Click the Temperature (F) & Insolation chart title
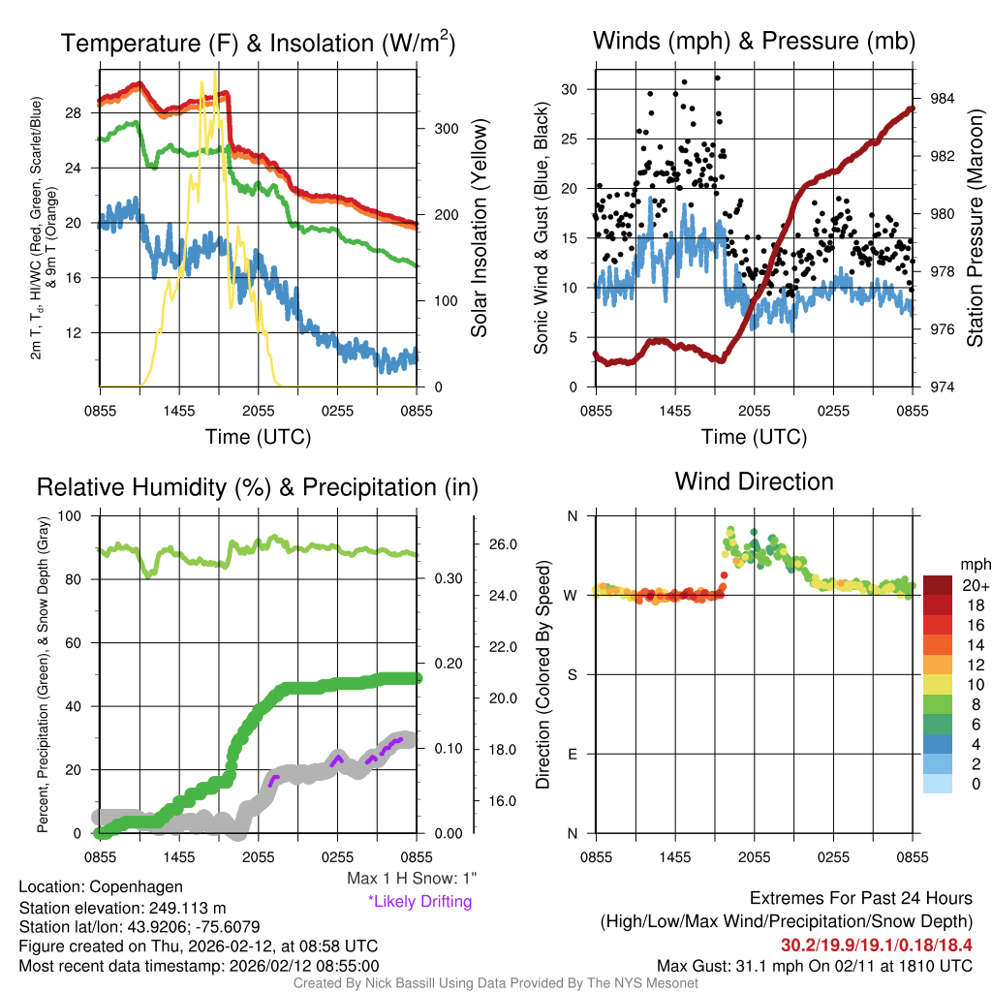(x=258, y=43)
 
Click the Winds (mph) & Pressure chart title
(x=754, y=41)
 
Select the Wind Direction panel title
(x=754, y=481)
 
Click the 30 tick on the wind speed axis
(x=570, y=89)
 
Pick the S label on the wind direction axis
(x=571, y=674)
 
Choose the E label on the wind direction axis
(x=571, y=754)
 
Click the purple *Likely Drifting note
(x=419, y=901)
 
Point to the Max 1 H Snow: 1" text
(x=412, y=879)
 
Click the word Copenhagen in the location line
(x=136, y=886)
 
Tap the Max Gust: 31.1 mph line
(x=814, y=965)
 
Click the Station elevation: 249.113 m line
(x=122, y=907)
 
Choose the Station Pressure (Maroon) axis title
(x=975, y=228)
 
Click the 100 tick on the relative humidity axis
(x=72, y=515)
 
